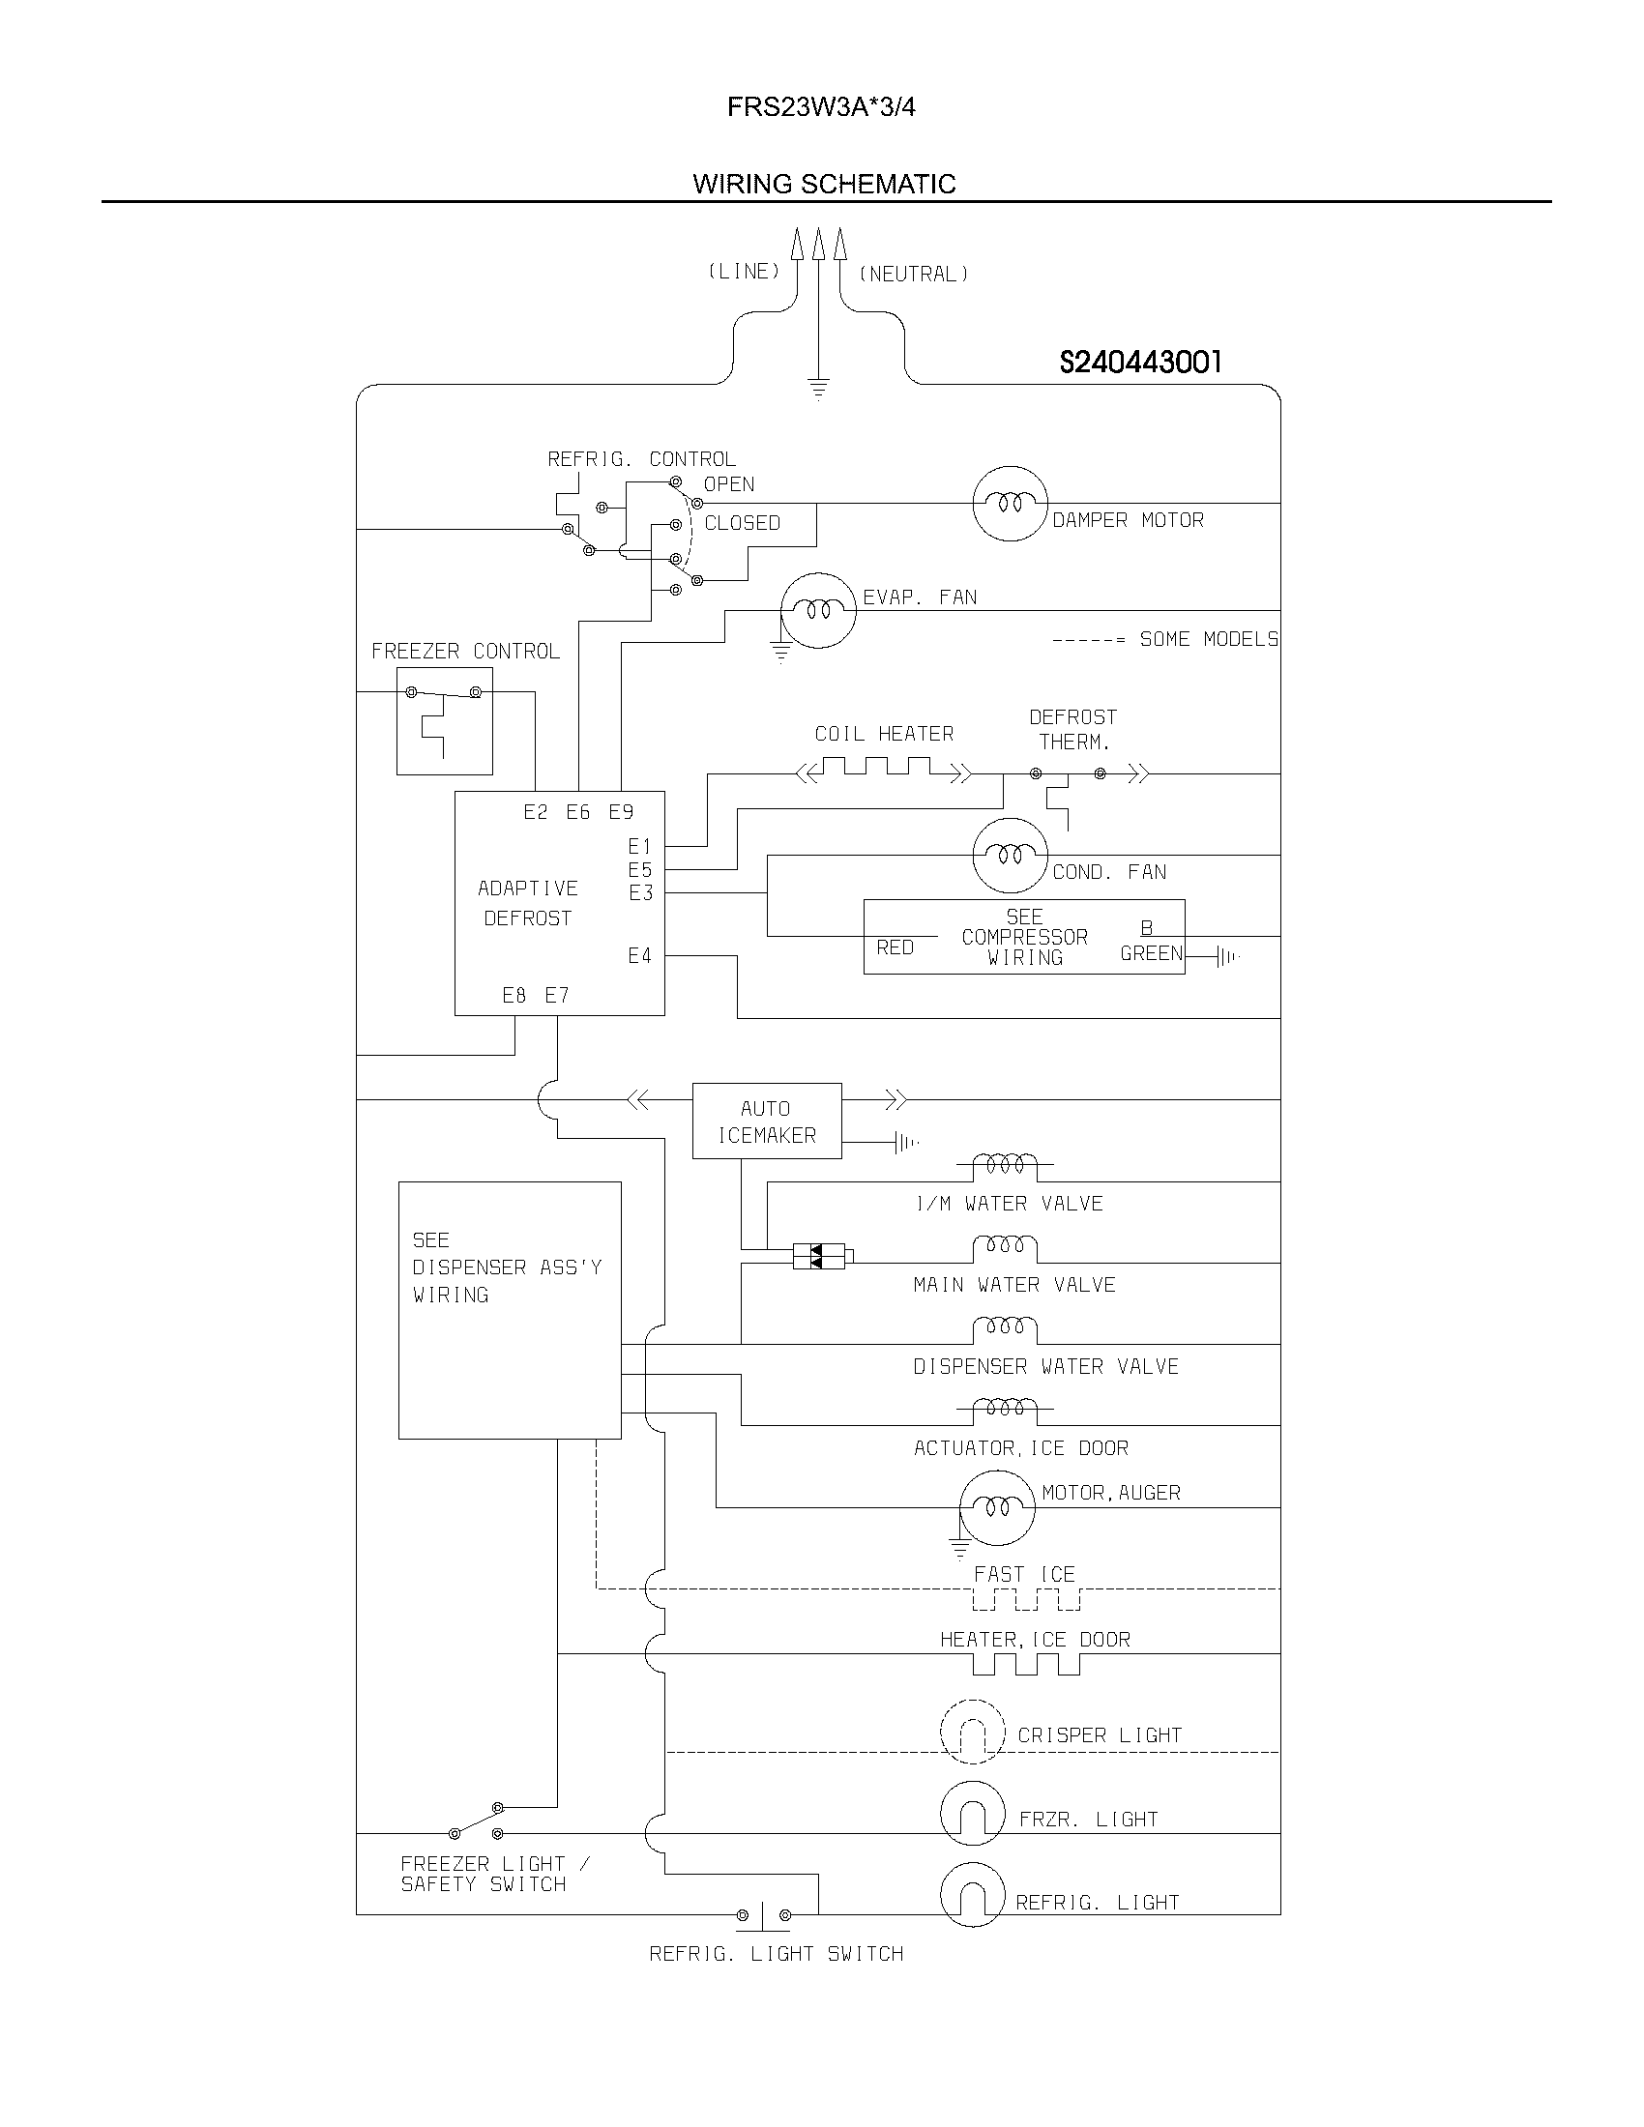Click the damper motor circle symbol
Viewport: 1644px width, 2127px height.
[x=1010, y=504]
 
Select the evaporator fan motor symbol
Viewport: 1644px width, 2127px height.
[x=819, y=611]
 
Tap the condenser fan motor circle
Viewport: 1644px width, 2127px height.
[x=1010, y=855]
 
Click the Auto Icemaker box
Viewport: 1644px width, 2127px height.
[x=767, y=1121]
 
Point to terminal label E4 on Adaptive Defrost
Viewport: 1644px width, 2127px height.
[x=639, y=956]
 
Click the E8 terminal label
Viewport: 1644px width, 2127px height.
[x=514, y=995]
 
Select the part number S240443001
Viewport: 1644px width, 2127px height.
[x=1139, y=363]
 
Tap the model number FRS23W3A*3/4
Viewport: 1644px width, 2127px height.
[x=821, y=107]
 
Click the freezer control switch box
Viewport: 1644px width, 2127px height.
[x=444, y=720]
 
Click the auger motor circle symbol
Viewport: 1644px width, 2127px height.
[x=996, y=1507]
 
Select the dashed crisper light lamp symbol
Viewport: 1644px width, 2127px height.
[x=972, y=1732]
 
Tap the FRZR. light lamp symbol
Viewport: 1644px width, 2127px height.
[x=972, y=1814]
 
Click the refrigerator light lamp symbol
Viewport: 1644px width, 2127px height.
[x=972, y=1895]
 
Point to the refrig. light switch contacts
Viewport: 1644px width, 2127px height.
[x=764, y=1915]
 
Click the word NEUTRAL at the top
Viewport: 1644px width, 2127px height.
[x=913, y=275]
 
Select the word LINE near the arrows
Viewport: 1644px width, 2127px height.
[x=744, y=272]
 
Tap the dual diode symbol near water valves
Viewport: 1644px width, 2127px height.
[x=818, y=1256]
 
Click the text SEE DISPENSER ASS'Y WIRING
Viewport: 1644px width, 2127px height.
[x=507, y=1267]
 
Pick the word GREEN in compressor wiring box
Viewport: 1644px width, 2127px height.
[x=1150, y=953]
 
